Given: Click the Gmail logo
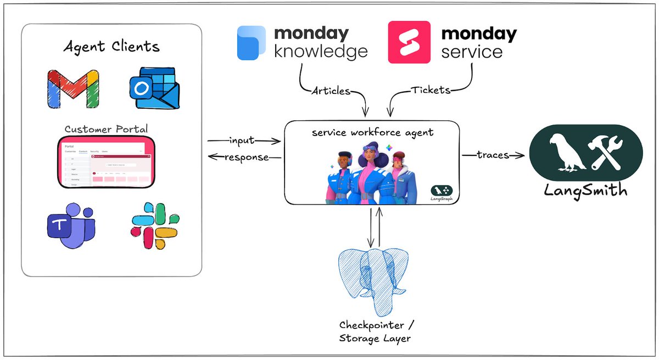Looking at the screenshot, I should [x=73, y=88].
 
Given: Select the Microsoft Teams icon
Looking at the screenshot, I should [x=70, y=226].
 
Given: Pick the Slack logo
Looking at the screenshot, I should [x=153, y=226].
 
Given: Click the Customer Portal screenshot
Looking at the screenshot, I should [x=107, y=162].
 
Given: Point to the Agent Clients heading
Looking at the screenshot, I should [x=111, y=47].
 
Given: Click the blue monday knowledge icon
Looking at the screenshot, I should [x=252, y=42].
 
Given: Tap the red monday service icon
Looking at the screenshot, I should [x=409, y=42].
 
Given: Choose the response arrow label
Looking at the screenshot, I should [x=247, y=157].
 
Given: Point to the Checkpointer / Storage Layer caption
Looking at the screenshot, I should [x=375, y=331].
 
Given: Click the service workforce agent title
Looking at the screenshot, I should [x=371, y=133].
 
